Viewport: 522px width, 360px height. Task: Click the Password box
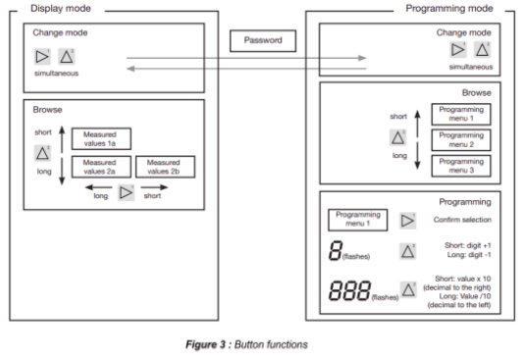coord(263,40)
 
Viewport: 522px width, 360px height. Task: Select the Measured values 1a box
coord(101,138)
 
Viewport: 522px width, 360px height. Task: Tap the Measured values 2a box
coord(101,167)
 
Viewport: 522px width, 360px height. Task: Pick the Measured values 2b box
coord(165,167)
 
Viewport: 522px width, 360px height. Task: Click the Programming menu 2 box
coord(461,139)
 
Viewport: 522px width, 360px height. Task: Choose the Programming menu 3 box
coord(461,166)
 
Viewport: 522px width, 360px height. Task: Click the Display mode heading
coord(61,8)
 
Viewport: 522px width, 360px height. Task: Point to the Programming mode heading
coord(449,8)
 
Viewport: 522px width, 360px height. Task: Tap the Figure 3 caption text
coord(246,344)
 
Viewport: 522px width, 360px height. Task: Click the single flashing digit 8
coord(336,250)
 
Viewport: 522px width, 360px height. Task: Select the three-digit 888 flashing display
coord(349,290)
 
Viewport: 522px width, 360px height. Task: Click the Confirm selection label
coord(462,220)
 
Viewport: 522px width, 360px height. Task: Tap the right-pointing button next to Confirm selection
coord(407,221)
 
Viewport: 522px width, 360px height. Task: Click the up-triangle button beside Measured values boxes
coord(42,153)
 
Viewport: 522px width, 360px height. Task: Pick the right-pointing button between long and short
coord(127,192)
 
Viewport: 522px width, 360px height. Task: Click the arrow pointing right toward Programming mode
coord(246,58)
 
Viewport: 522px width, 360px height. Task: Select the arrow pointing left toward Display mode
coord(246,69)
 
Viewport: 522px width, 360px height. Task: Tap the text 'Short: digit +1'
coord(467,245)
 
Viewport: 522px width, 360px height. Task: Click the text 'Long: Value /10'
coord(465,296)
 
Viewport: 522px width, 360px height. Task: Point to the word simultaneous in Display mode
coord(56,74)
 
